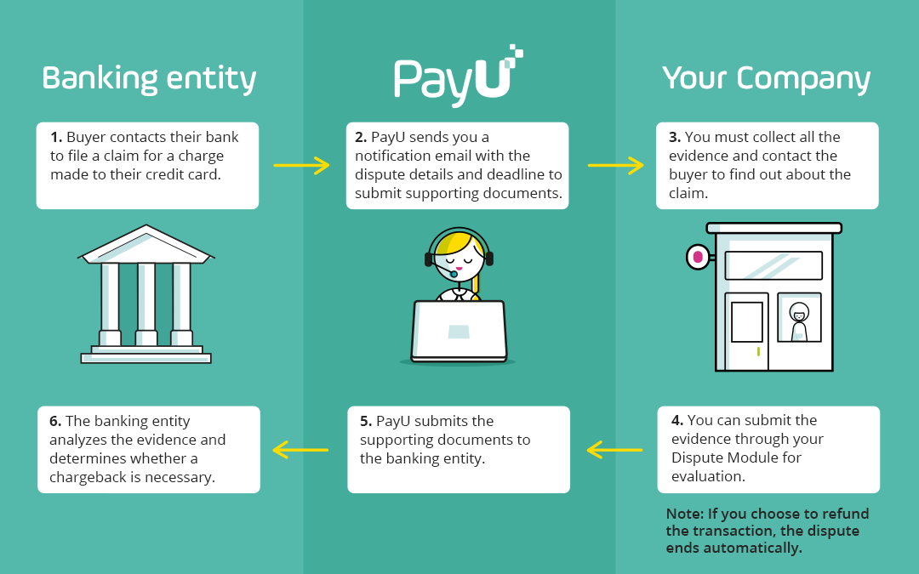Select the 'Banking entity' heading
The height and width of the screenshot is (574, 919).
point(149,78)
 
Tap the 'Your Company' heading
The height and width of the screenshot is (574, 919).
point(766,78)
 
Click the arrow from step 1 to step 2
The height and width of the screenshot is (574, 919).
point(301,165)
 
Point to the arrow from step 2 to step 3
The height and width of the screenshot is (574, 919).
point(615,165)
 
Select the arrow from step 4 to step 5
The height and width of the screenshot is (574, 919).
point(614,449)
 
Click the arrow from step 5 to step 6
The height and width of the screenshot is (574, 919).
point(300,449)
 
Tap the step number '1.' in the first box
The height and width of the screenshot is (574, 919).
point(56,137)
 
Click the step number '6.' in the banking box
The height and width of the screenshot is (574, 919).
point(55,421)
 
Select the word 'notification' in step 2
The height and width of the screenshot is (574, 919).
point(397,156)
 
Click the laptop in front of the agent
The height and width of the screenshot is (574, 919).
point(459,330)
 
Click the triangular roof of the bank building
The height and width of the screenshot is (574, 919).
point(146,243)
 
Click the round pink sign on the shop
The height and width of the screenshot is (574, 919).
point(698,256)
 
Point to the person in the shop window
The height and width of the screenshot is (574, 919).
point(798,321)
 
